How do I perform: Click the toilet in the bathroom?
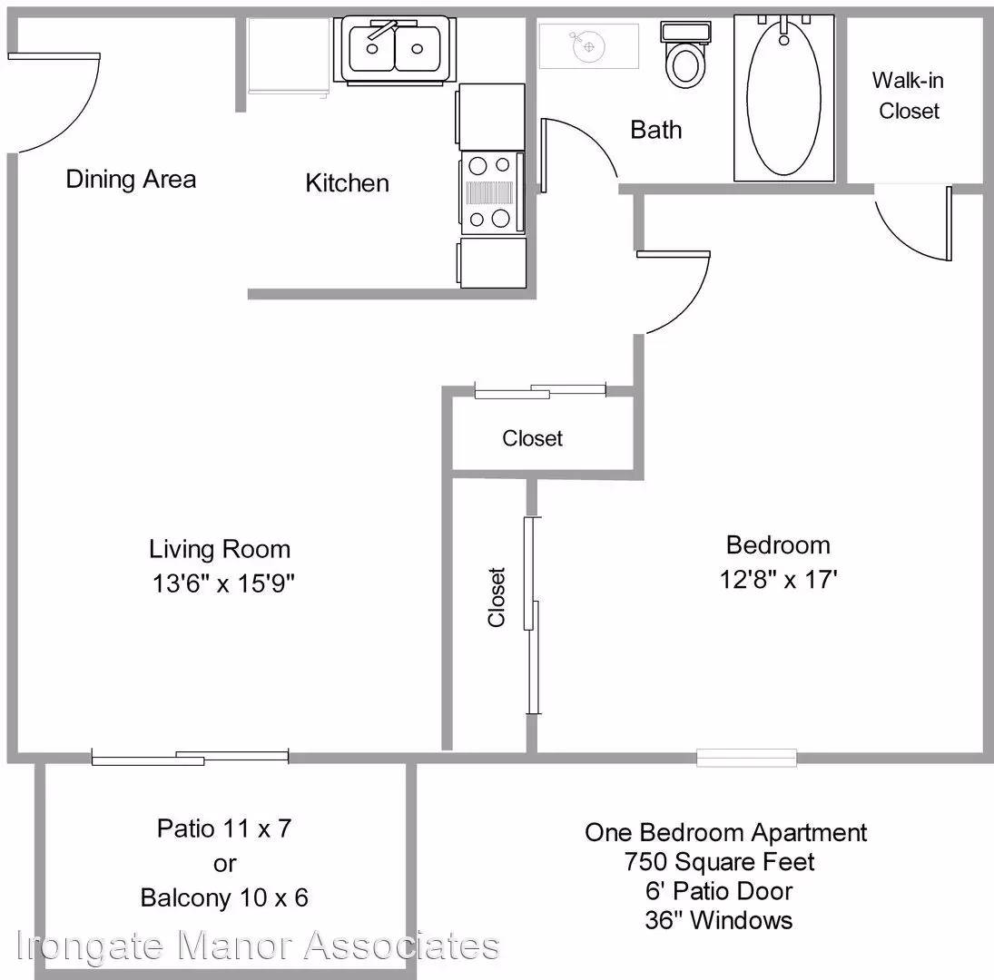pyautogui.click(x=684, y=54)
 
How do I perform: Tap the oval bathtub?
pyautogui.click(x=784, y=97)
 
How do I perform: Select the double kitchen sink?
pyautogui.click(x=396, y=50)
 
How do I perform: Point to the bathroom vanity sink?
pyautogui.click(x=589, y=45)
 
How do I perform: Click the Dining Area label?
pyautogui.click(x=132, y=180)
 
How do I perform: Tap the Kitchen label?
pyautogui.click(x=348, y=183)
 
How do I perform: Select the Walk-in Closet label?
pyautogui.click(x=909, y=95)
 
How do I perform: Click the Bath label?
pyautogui.click(x=656, y=130)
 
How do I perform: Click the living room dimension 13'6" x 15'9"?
pyautogui.click(x=223, y=583)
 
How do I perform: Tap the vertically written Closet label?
pyautogui.click(x=497, y=597)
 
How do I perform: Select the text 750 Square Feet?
pyautogui.click(x=720, y=862)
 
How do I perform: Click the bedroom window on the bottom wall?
pyautogui.click(x=747, y=758)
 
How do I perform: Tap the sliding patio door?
pyautogui.click(x=191, y=757)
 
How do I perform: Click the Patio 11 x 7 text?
pyautogui.click(x=224, y=828)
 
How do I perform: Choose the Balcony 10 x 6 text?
pyautogui.click(x=224, y=898)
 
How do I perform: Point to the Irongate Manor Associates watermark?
pyautogui.click(x=258, y=946)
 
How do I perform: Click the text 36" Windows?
pyautogui.click(x=719, y=920)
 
